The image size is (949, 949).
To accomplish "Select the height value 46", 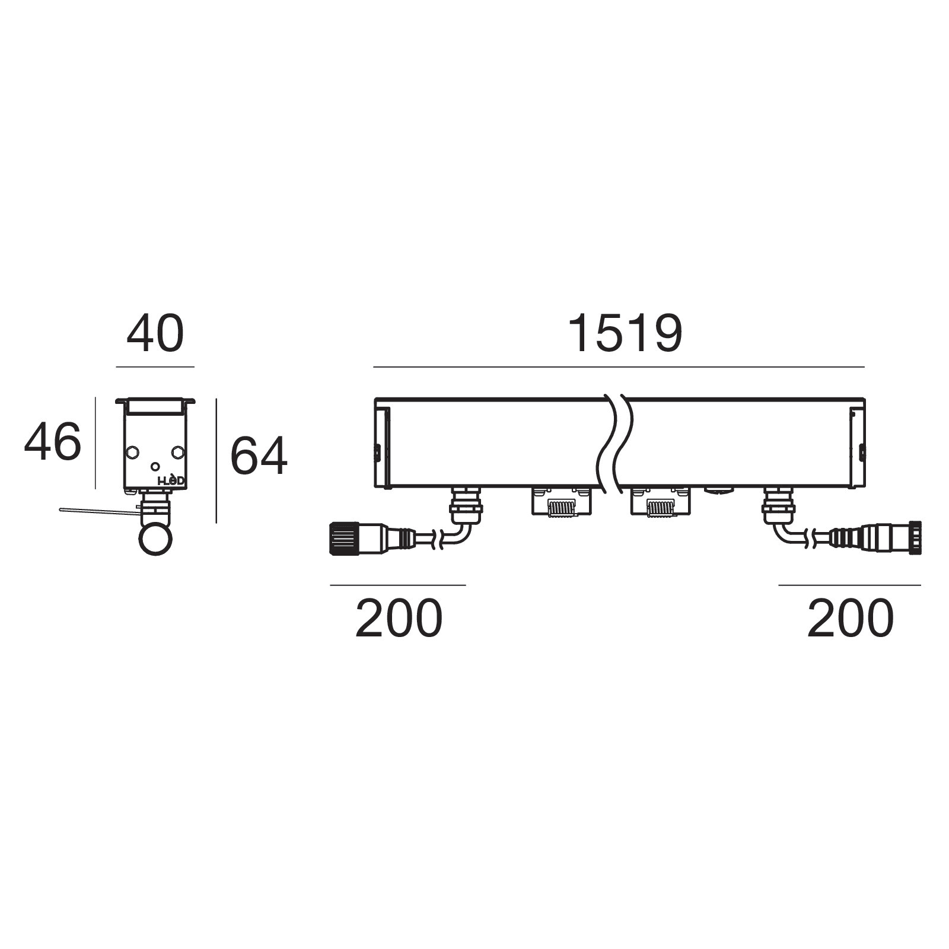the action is pos(52,441).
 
